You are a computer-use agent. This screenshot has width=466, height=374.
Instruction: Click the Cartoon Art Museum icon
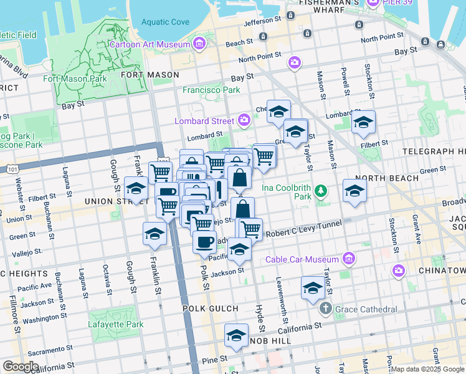199,44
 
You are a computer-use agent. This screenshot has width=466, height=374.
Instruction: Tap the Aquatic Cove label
164,22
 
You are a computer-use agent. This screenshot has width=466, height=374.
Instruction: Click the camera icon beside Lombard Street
244,120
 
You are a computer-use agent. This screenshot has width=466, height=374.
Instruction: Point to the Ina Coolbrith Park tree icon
321,189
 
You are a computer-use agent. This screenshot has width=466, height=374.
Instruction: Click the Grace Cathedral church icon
325,309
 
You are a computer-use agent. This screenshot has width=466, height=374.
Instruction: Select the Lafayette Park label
117,324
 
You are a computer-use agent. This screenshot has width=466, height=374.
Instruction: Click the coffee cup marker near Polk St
204,241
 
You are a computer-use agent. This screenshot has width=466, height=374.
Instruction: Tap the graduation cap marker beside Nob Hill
237,337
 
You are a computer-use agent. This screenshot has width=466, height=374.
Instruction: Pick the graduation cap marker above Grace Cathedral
313,287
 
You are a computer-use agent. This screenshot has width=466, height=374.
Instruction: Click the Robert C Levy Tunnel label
302,233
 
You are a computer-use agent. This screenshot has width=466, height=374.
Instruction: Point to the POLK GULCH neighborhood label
210,309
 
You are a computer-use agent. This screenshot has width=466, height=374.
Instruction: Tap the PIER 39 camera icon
374,3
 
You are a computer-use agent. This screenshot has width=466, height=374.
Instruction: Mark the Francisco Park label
211,90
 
